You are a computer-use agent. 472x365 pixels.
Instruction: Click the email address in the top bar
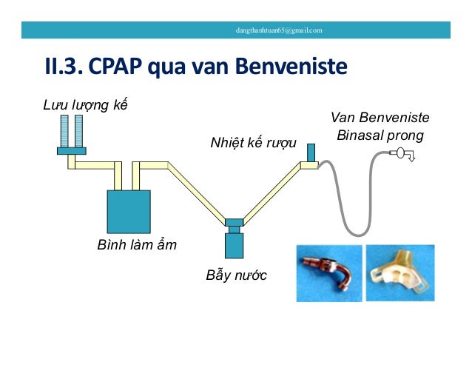coord(278,30)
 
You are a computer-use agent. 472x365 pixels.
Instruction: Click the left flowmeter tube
coord(65,131)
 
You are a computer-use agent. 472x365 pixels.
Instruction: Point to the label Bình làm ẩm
coord(137,245)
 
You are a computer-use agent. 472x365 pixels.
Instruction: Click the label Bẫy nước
coord(236,276)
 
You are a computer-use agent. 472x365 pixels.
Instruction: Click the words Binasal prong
coord(380,136)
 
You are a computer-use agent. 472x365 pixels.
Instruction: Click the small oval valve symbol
coord(399,153)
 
